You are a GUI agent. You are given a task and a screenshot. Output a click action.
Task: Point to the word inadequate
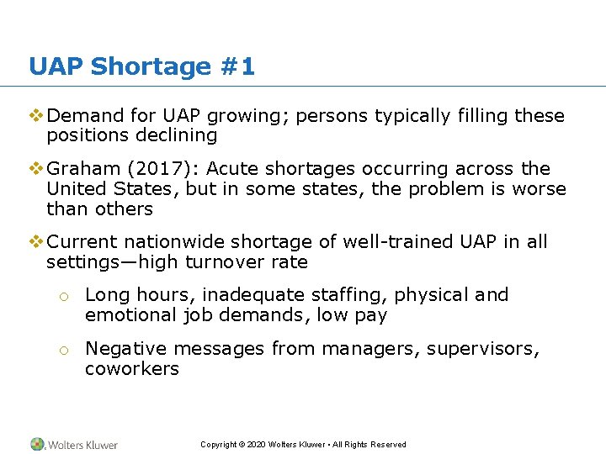[x=243, y=295]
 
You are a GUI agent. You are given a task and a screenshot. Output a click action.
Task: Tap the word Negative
[x=124, y=349]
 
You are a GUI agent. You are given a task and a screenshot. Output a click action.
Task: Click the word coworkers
[x=132, y=368]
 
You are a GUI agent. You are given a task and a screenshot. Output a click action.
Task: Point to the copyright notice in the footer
[x=303, y=445]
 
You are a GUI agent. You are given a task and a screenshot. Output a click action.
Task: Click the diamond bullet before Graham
[x=35, y=169]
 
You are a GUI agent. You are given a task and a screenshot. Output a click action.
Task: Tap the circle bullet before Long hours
[x=62, y=296]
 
